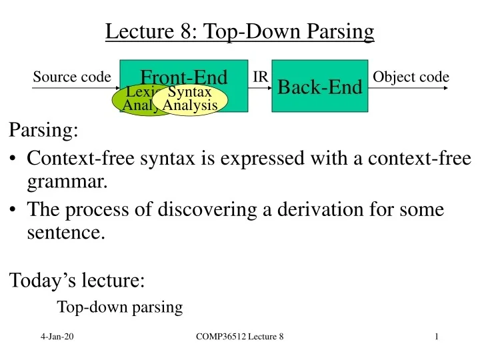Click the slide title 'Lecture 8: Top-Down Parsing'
point(240,31)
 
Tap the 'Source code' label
point(71,77)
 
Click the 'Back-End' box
point(319,87)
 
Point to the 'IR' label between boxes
point(261,77)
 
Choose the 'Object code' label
point(411,77)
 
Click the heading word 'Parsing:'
point(44,130)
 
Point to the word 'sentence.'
point(66,233)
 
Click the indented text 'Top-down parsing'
point(120,307)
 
